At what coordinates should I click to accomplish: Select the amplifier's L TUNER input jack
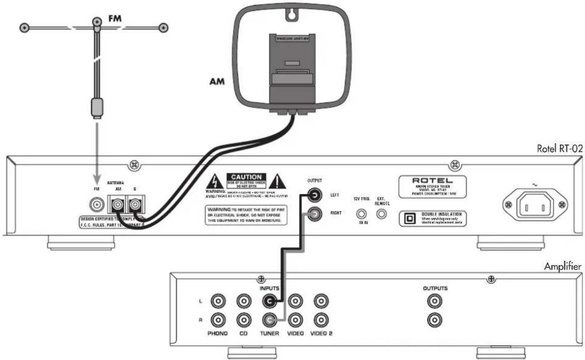tap(269, 301)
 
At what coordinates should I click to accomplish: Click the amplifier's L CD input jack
tap(244, 301)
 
